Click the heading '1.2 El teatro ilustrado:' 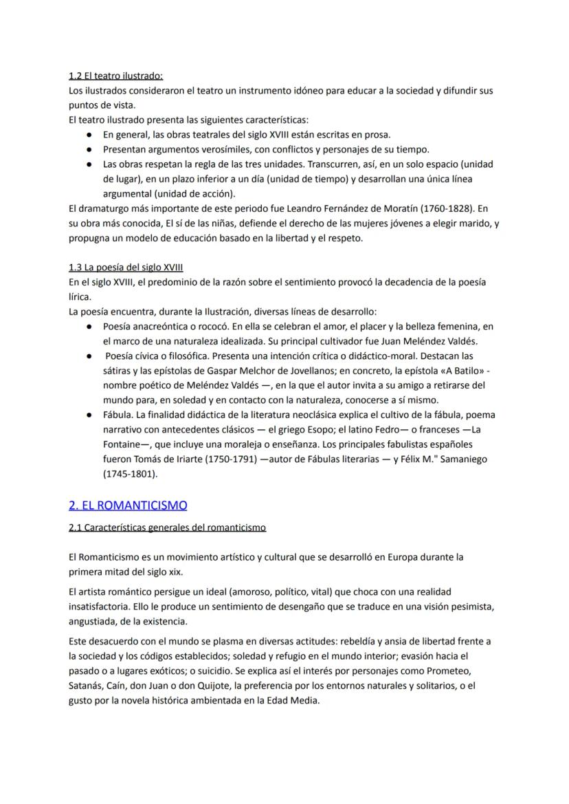point(115,76)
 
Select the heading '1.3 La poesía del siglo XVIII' point(126,267)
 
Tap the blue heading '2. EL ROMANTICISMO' point(128,505)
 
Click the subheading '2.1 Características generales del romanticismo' point(167,528)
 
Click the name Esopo point(318,430)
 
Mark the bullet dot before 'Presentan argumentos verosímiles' point(89,149)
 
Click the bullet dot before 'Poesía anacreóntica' point(89,326)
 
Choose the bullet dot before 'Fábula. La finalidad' point(89,415)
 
